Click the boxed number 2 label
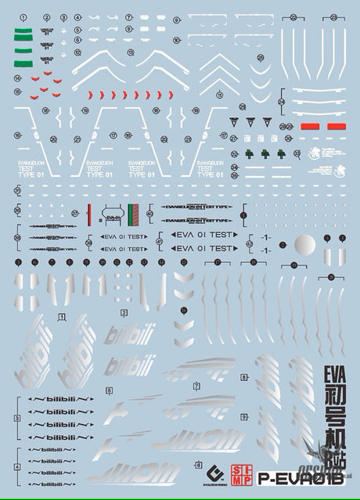(x=124, y=312)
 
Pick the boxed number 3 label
(x=17, y=419)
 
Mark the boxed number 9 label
(x=244, y=417)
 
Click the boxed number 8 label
(x=244, y=376)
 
